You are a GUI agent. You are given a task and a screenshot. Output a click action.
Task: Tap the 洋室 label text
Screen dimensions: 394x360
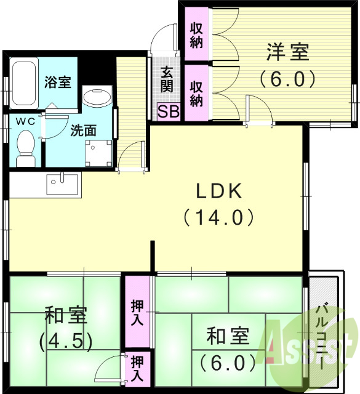coord(287,53)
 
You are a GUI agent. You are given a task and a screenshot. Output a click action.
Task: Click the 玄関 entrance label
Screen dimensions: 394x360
coord(167,79)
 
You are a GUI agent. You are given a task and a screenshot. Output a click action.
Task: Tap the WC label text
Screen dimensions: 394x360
coord(25,121)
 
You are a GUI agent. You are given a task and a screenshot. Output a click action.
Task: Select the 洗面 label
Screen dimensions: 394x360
coord(82,131)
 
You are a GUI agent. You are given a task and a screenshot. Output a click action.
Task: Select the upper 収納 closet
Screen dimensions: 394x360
coord(196,34)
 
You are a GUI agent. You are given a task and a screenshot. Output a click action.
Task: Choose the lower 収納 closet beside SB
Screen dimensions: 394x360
coord(196,92)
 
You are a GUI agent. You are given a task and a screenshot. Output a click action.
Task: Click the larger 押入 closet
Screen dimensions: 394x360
coord(137,313)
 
